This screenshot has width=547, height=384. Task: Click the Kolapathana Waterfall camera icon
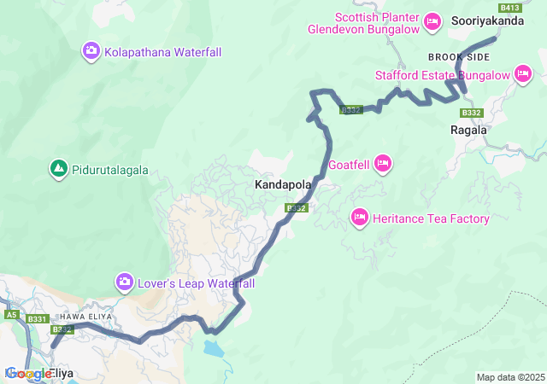pyautogui.click(x=91, y=52)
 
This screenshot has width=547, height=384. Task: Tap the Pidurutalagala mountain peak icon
pyautogui.click(x=58, y=170)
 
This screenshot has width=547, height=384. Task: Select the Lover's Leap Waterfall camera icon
pyautogui.click(x=125, y=282)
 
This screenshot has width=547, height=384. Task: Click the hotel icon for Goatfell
pyautogui.click(x=382, y=163)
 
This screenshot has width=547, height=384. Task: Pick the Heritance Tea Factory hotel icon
pyautogui.click(x=360, y=219)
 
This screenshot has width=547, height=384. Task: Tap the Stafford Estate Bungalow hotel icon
pyautogui.click(x=523, y=75)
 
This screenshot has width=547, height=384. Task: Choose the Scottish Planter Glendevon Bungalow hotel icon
pyautogui.click(x=432, y=21)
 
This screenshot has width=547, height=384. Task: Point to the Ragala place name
pyautogui.click(x=468, y=131)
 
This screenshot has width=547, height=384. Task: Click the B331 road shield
pyautogui.click(x=37, y=319)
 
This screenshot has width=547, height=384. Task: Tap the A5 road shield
pyautogui.click(x=11, y=315)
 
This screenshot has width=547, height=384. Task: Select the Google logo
pyautogui.click(x=27, y=374)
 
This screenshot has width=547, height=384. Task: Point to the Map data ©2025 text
pyautogui.click(x=510, y=377)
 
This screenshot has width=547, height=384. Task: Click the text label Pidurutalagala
pyautogui.click(x=109, y=171)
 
